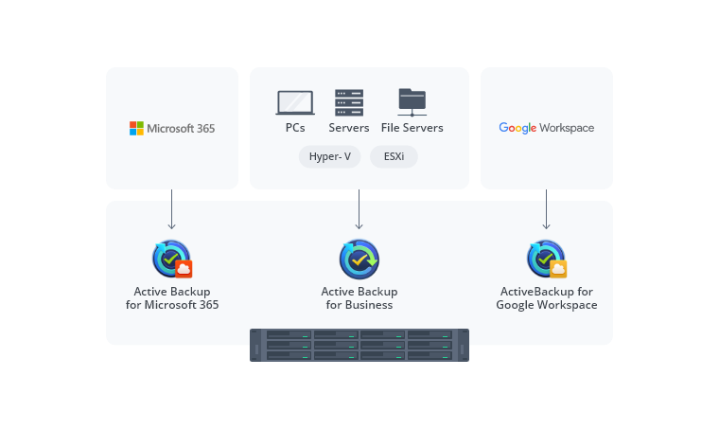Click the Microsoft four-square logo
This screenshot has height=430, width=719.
click(136, 128)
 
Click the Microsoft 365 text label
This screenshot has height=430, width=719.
click(180, 128)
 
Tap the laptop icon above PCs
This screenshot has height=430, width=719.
click(294, 102)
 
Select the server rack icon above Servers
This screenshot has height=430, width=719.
click(349, 102)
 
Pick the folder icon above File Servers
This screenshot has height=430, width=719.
click(412, 101)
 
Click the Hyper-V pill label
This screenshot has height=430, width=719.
click(329, 156)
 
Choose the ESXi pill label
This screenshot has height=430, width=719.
click(394, 156)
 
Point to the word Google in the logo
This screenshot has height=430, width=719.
click(517, 128)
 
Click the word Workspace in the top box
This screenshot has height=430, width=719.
click(568, 128)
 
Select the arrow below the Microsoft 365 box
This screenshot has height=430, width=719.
click(171, 209)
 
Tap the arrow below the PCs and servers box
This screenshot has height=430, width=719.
click(359, 209)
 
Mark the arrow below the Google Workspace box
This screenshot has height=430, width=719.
click(546, 209)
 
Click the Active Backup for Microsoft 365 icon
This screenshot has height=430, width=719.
click(171, 259)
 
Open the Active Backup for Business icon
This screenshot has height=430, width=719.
click(359, 259)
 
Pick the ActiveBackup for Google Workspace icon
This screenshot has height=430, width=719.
click(546, 259)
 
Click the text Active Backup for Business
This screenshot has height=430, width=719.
click(359, 298)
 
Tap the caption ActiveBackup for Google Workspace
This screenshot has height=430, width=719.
click(546, 298)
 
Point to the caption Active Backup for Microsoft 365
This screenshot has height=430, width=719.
click(171, 298)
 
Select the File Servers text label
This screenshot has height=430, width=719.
click(412, 128)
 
